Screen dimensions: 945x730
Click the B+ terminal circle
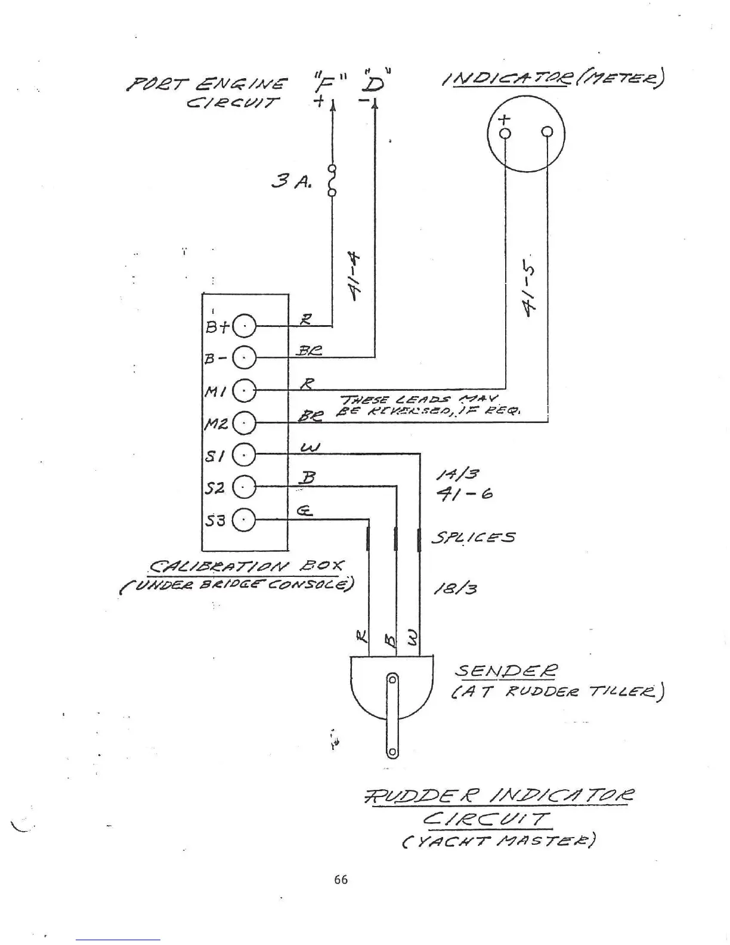(244, 326)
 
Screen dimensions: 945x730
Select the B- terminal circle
(244, 358)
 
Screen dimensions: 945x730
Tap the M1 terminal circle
(244, 391)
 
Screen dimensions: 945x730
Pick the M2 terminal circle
(244, 424)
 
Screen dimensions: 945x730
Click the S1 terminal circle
(244, 456)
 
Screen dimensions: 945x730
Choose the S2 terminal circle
(244, 488)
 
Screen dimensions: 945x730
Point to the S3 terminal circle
(244, 521)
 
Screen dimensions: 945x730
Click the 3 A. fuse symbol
(332, 180)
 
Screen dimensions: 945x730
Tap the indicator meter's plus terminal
(505, 132)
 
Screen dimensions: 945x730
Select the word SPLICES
(473, 538)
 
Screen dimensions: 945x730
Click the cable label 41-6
(464, 494)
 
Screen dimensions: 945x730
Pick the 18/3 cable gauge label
(456, 589)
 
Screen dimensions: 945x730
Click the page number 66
(341, 879)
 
